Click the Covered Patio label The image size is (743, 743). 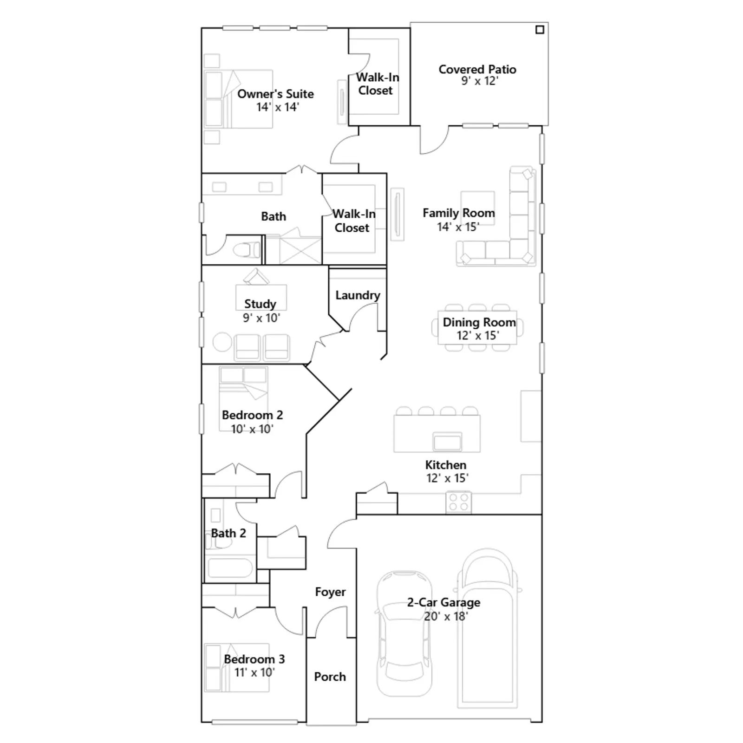click(x=477, y=69)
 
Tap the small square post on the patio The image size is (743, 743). click(x=540, y=30)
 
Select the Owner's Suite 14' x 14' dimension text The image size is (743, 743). click(x=278, y=107)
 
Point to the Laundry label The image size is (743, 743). click(x=358, y=295)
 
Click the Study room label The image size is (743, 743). click(x=260, y=304)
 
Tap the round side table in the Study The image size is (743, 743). click(x=222, y=342)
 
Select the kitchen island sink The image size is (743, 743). click(x=447, y=442)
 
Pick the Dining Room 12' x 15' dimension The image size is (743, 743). click(x=478, y=335)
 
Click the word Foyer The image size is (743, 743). click(x=330, y=592)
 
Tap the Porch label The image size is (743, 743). click(x=330, y=677)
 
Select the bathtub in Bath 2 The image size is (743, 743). click(x=230, y=568)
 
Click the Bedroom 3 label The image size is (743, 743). click(x=254, y=659)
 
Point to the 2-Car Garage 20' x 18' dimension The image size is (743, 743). click(x=446, y=616)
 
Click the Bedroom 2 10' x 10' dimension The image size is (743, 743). click(x=252, y=429)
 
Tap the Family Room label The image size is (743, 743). click(x=458, y=213)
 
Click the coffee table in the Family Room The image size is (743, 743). click(x=478, y=208)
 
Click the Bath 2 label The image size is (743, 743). click(x=228, y=533)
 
